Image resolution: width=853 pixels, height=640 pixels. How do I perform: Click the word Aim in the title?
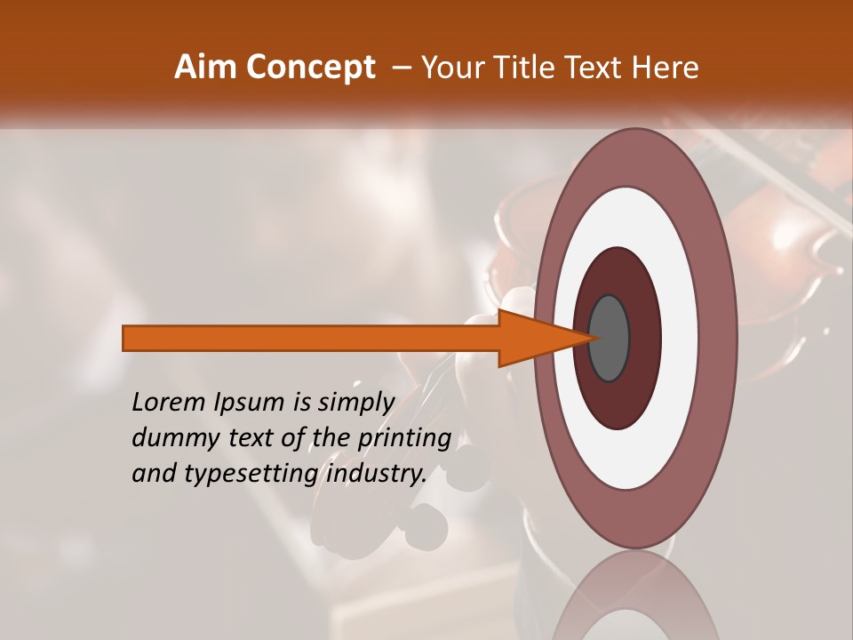coord(206,67)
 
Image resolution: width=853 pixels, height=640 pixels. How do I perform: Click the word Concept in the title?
coord(310,68)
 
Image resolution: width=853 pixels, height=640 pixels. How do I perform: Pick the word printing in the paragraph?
coord(404,439)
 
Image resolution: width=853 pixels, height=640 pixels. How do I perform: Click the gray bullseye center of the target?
coord(610,338)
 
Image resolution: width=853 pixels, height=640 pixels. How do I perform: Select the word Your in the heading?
coord(452,67)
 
